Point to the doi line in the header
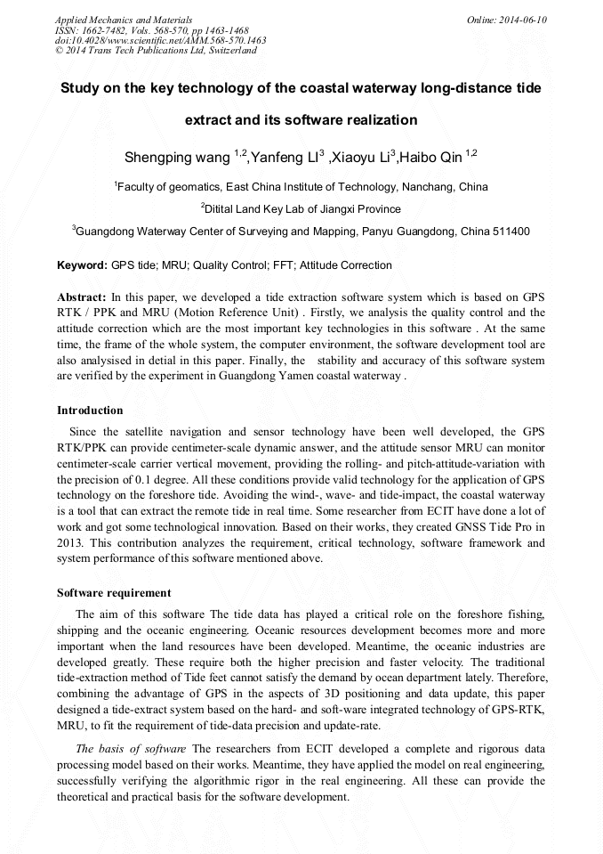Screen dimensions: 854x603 point(160,40)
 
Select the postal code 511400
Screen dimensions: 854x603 point(510,231)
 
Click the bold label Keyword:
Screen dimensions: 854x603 point(82,265)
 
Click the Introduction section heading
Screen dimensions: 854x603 point(90,411)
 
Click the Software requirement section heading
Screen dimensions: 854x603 point(114,593)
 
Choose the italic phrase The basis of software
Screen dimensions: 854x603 point(131,749)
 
